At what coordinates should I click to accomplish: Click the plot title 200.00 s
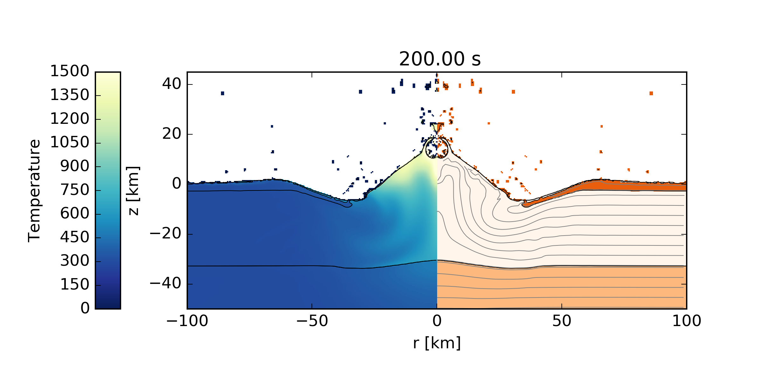click(x=440, y=59)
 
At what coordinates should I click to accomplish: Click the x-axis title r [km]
click(x=437, y=343)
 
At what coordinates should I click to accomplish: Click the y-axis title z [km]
click(x=133, y=190)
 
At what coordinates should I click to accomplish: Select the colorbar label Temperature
click(x=34, y=190)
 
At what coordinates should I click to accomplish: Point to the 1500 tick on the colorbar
click(x=70, y=71)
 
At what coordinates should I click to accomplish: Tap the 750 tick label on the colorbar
click(x=75, y=190)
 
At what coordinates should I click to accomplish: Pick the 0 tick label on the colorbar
click(x=85, y=308)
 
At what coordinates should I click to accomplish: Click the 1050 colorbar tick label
click(x=70, y=143)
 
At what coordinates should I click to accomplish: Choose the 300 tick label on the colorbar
click(x=75, y=261)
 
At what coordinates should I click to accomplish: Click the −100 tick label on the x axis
click(x=187, y=321)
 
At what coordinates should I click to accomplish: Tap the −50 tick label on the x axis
click(x=312, y=321)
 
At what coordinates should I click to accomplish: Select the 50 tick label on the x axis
click(x=562, y=321)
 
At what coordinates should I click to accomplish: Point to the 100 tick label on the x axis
click(x=686, y=321)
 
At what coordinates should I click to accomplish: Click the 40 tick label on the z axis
click(x=172, y=84)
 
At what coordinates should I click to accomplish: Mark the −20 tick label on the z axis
click(x=165, y=234)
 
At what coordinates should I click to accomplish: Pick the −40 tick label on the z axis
click(x=165, y=284)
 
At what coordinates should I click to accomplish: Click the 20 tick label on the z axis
click(x=172, y=134)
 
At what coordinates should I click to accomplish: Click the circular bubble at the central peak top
click(x=437, y=148)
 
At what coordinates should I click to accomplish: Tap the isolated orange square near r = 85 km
click(x=651, y=93)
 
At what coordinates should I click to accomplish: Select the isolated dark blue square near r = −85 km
click(x=223, y=93)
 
